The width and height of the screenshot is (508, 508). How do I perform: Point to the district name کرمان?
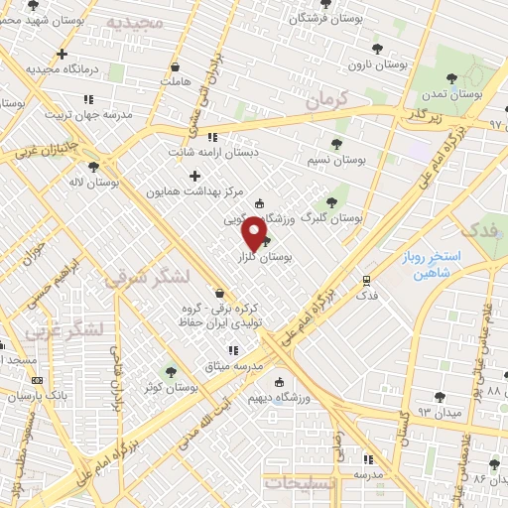point(330,97)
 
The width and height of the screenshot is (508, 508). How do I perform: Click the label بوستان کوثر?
point(138,386)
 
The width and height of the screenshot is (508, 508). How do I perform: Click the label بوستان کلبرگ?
point(333,215)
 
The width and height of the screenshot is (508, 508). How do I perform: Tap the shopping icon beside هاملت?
point(176,67)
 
